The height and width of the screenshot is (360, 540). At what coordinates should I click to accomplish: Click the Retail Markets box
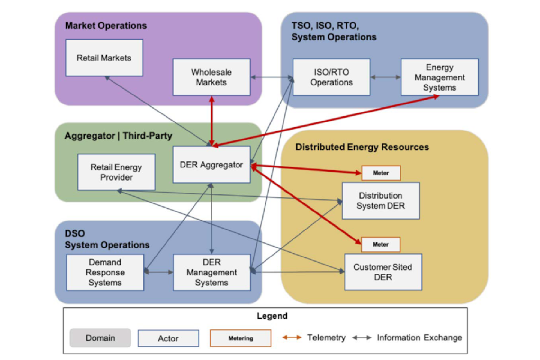point(104,58)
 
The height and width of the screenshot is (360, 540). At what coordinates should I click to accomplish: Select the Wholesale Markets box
point(212,77)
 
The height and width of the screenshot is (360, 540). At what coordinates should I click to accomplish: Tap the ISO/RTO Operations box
point(331,77)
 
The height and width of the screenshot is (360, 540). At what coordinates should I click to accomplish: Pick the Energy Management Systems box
point(439,77)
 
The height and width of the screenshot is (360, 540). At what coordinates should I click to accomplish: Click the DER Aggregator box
point(212,165)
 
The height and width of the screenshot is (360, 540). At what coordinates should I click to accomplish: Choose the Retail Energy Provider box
point(116,172)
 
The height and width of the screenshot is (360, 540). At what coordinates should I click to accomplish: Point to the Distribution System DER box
point(381,201)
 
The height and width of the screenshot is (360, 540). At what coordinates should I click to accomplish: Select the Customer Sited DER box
point(383,272)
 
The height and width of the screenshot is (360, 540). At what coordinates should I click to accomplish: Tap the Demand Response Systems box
point(105,273)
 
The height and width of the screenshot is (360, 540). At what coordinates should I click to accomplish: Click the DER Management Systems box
point(212,273)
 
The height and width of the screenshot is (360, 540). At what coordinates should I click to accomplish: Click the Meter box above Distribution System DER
point(381,173)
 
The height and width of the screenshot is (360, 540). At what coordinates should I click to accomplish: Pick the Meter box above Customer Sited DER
point(381,245)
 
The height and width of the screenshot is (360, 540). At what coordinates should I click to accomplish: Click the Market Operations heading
point(106,26)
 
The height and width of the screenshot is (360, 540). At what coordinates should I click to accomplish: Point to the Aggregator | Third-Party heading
point(118,136)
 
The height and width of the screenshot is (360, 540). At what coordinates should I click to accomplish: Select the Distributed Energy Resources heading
point(362,147)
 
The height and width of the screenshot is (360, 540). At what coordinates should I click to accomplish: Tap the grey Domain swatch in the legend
point(100,338)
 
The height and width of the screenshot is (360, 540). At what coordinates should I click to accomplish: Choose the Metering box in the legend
point(240,338)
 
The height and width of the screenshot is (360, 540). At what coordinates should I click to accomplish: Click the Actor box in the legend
point(168,338)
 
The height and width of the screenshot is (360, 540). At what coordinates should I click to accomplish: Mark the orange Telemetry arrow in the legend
point(292,337)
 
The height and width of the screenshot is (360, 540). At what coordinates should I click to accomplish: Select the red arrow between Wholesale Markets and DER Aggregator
point(212,121)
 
